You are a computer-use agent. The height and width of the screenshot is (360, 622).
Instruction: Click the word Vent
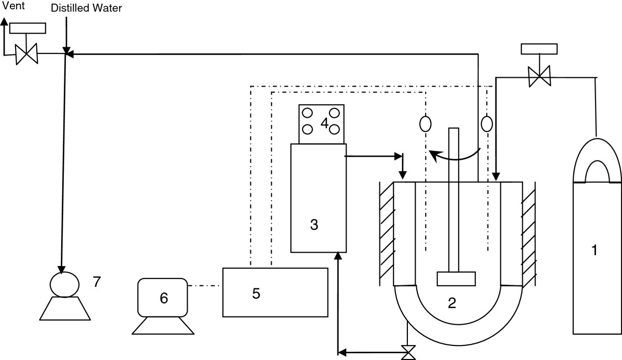click(x=13, y=6)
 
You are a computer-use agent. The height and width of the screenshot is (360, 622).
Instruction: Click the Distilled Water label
click(x=87, y=8)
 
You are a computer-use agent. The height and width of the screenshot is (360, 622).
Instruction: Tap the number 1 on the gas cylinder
click(x=594, y=250)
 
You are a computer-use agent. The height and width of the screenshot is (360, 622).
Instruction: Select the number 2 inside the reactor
click(x=452, y=303)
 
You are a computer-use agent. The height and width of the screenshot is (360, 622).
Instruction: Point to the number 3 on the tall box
click(x=314, y=225)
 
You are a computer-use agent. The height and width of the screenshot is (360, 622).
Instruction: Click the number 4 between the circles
click(x=324, y=122)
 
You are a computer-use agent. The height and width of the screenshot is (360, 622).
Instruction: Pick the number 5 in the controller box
click(x=256, y=294)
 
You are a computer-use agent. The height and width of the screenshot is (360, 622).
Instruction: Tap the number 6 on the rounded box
click(x=164, y=298)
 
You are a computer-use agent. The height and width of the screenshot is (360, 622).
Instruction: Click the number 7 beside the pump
click(x=96, y=282)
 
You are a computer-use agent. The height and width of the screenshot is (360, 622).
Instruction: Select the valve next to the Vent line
click(x=26, y=54)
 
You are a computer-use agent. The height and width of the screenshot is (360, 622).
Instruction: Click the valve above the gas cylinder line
click(x=539, y=76)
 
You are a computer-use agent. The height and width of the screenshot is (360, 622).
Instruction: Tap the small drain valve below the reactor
click(x=408, y=353)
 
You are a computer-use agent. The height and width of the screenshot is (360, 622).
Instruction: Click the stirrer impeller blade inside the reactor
click(x=456, y=279)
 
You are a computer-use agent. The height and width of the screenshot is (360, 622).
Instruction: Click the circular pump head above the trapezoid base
click(x=64, y=285)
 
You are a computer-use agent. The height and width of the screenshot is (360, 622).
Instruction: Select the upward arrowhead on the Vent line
click(x=4, y=21)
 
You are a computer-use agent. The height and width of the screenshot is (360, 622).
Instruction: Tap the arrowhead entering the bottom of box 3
click(x=337, y=255)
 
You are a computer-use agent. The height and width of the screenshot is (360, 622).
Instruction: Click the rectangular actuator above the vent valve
click(x=28, y=29)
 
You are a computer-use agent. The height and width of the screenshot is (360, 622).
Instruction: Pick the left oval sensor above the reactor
click(x=426, y=124)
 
